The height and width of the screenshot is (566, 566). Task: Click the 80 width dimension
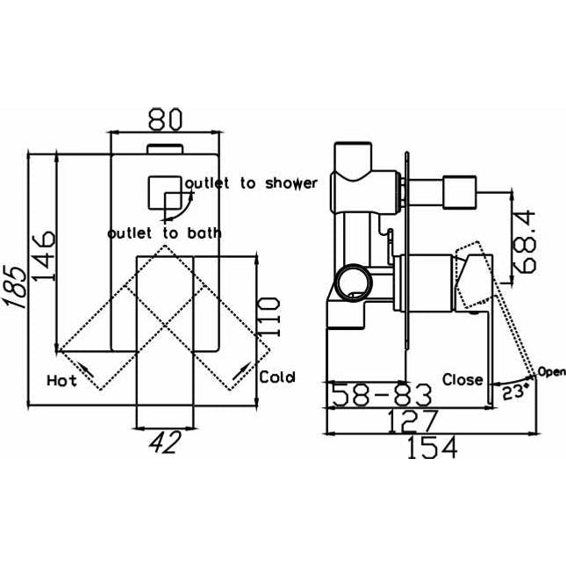tap(164, 119)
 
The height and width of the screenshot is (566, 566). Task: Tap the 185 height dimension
tap(16, 287)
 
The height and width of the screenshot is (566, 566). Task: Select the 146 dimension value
tap(44, 255)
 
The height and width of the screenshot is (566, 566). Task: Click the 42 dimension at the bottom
tap(165, 442)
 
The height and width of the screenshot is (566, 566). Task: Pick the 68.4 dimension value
tap(524, 241)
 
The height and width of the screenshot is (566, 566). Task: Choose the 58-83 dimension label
tap(382, 395)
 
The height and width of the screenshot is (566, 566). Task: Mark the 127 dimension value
tap(412, 421)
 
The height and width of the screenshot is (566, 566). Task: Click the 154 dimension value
tap(433, 448)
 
